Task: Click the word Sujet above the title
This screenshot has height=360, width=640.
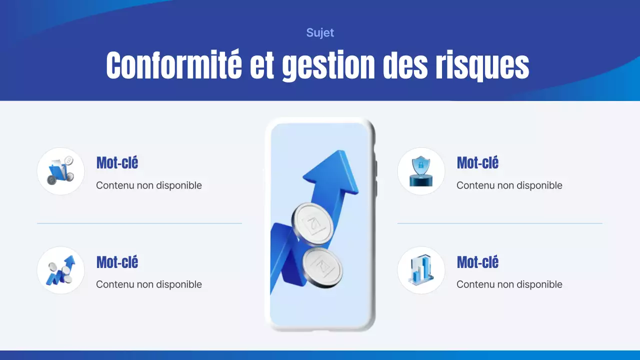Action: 320,33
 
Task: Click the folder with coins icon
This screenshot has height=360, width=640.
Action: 60,171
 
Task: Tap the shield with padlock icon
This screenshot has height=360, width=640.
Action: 420,171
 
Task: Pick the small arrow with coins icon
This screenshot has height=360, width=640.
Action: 60,270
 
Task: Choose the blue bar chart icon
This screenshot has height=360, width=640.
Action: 420,270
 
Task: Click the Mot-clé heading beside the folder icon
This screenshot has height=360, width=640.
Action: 117,163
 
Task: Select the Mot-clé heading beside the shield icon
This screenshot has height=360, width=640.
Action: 477,163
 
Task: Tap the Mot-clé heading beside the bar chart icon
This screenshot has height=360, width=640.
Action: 477,262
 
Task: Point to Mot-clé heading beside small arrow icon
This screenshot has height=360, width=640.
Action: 117,262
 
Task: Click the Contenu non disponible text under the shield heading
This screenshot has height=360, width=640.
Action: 509,185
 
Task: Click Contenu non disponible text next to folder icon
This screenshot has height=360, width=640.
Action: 148,185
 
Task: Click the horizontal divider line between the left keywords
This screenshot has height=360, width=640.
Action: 139,223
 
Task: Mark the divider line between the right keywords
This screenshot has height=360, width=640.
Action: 499,223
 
